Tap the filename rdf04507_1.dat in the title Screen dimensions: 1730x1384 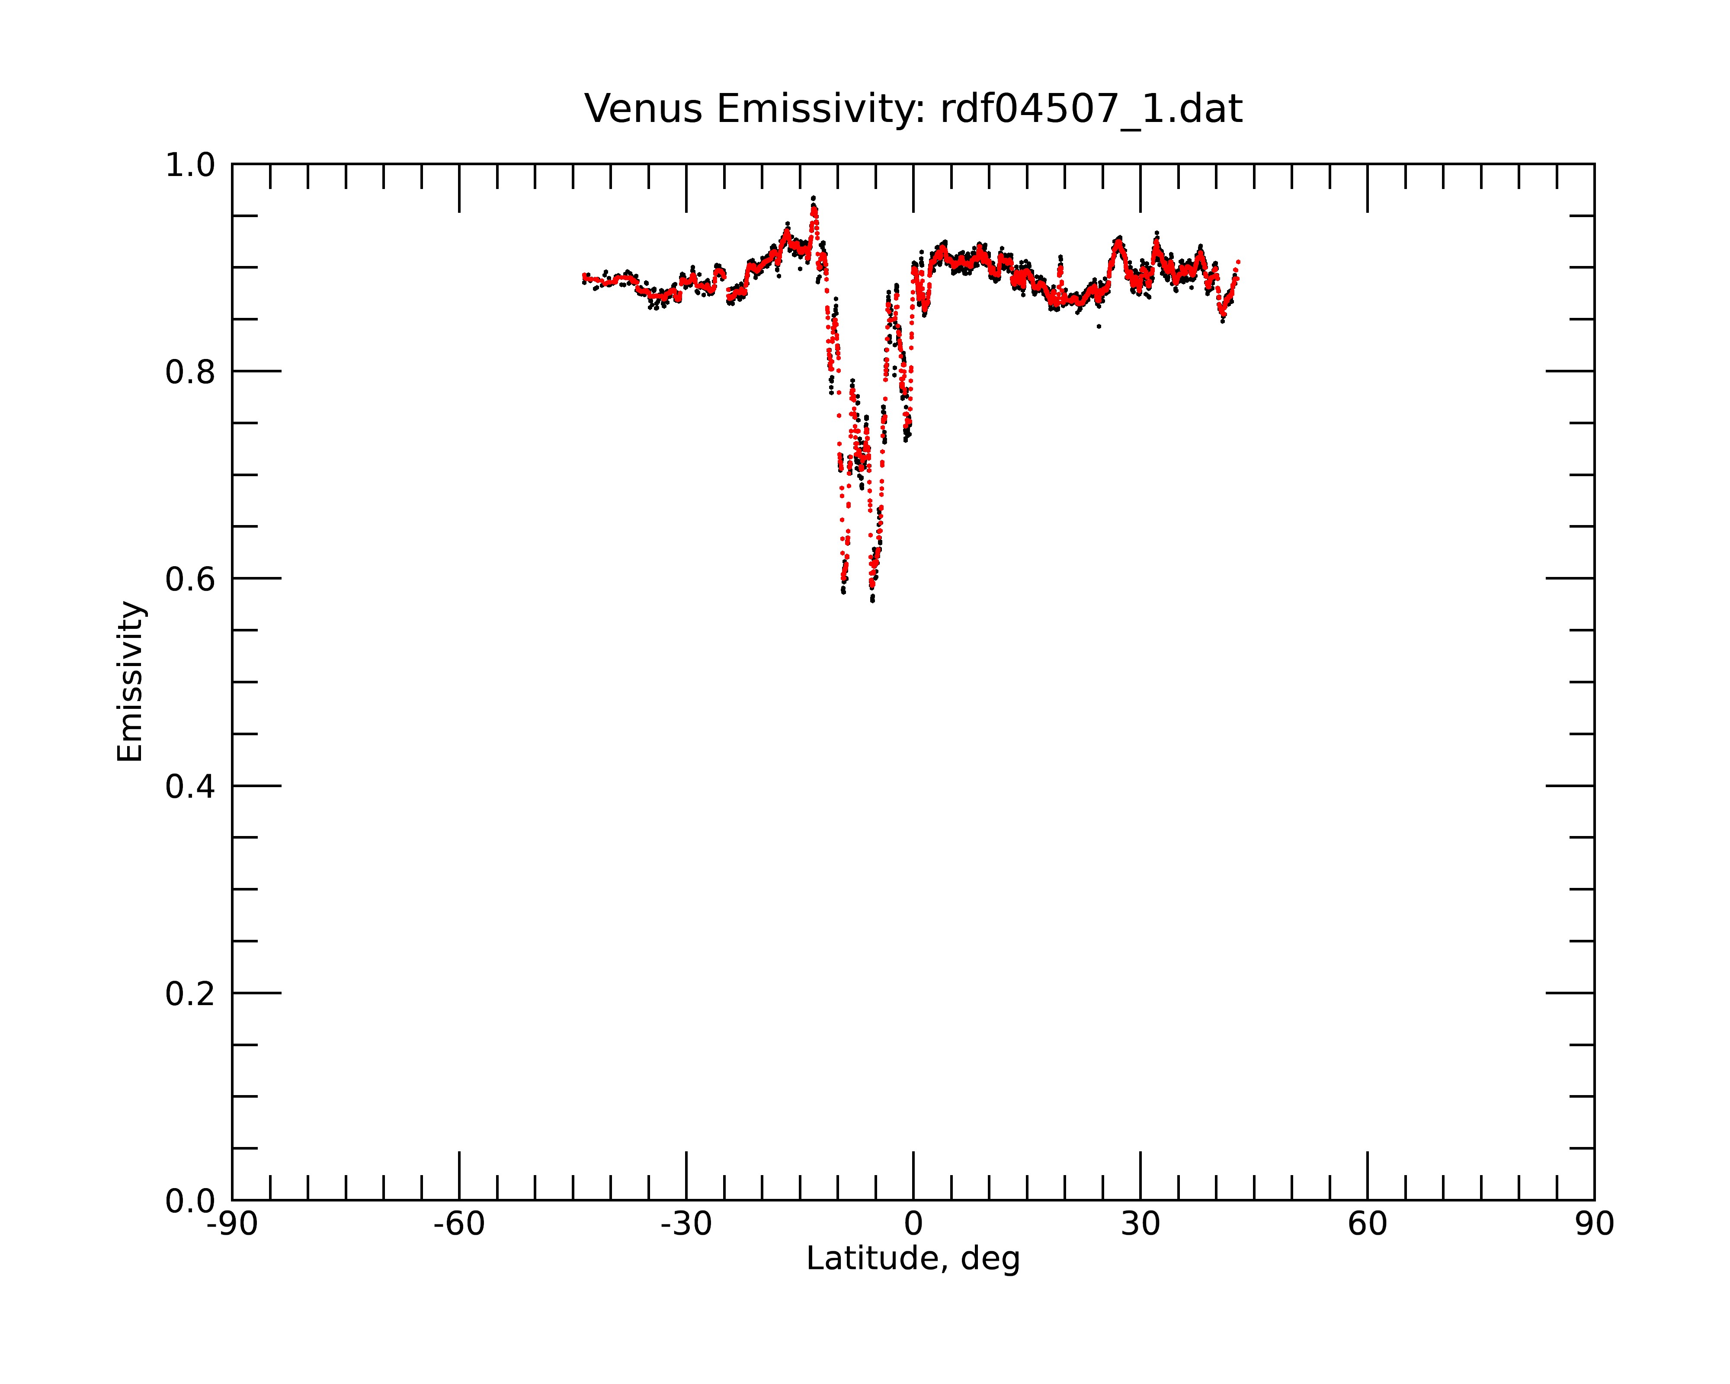[x=1091, y=109]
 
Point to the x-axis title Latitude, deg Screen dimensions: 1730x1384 [x=913, y=1259]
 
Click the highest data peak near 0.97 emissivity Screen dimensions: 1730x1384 [x=813, y=197]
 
